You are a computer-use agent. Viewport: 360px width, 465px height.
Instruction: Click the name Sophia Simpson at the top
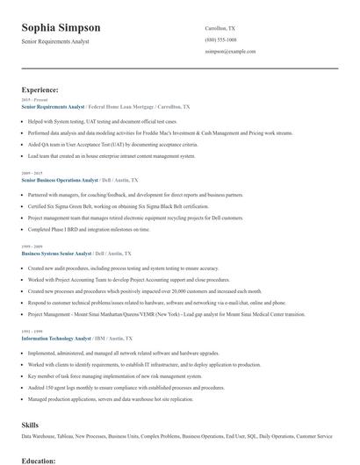(x=61, y=27)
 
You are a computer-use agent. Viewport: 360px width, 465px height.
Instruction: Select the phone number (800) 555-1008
(x=220, y=39)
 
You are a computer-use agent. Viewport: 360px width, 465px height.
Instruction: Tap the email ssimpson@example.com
(x=230, y=52)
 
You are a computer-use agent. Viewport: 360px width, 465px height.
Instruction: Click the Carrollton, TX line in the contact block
(x=220, y=27)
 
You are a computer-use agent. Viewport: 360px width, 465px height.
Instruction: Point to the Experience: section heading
(x=40, y=89)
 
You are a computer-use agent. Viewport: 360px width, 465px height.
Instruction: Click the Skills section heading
(x=30, y=424)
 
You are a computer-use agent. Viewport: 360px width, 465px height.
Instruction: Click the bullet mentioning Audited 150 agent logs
(x=115, y=387)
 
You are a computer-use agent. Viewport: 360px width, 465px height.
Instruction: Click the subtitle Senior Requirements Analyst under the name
(x=55, y=41)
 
